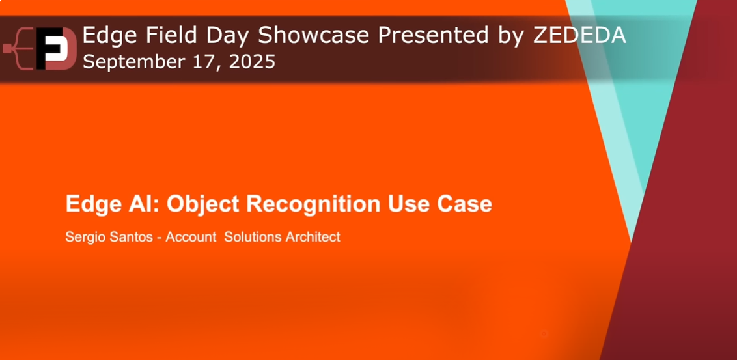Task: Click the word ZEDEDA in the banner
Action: (579, 36)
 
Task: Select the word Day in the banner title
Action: (219, 36)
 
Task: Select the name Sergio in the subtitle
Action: (85, 237)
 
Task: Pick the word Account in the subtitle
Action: (190, 237)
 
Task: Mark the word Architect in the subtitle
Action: (313, 237)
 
